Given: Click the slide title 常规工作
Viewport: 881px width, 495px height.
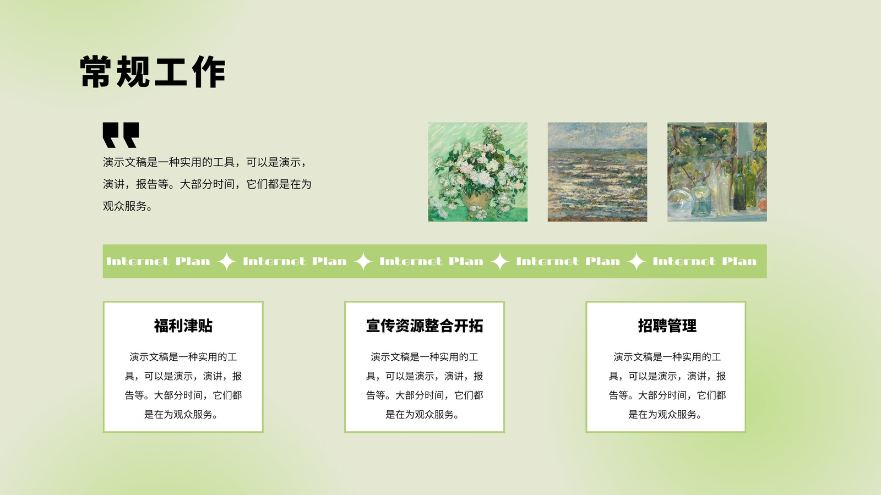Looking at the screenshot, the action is pos(153,71).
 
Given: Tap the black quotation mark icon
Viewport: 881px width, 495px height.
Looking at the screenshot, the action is pos(121,135).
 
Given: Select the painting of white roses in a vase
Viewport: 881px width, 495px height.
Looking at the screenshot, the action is pos(478,172).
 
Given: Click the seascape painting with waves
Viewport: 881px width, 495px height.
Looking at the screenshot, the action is pos(597,172).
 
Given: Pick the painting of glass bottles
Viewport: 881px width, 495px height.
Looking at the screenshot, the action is pos(717,172).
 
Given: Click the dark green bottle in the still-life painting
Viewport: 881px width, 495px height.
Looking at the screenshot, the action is pos(740,185).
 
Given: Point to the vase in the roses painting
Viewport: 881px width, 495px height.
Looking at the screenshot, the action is pos(475,203).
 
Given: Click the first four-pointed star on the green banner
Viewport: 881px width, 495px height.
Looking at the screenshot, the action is pos(226,261).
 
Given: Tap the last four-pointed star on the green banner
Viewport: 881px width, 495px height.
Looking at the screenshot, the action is pos(637,261).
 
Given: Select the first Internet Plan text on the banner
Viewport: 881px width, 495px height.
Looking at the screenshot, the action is pos(158,261).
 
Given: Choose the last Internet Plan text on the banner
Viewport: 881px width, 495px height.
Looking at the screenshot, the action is pos(704,261).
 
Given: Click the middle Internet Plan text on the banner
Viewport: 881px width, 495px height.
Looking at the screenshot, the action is pos(432,261).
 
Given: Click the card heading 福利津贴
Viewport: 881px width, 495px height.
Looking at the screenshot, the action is pos(183,326).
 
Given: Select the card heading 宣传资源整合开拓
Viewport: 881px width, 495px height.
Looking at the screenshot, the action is pos(425,326).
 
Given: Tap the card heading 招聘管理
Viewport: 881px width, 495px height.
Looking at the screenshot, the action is pos(667,326).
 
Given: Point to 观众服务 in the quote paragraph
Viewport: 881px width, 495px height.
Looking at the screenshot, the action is pos(124,206).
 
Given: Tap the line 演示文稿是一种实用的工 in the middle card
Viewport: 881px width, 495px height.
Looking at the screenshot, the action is pos(425,357).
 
